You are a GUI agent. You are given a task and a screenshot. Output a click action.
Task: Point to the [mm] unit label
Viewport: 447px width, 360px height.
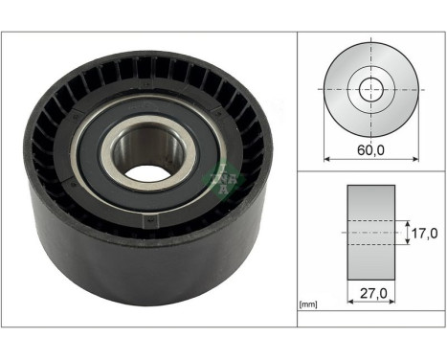point(308,304)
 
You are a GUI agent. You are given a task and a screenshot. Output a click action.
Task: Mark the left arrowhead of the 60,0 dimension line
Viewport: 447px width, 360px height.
point(329,158)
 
